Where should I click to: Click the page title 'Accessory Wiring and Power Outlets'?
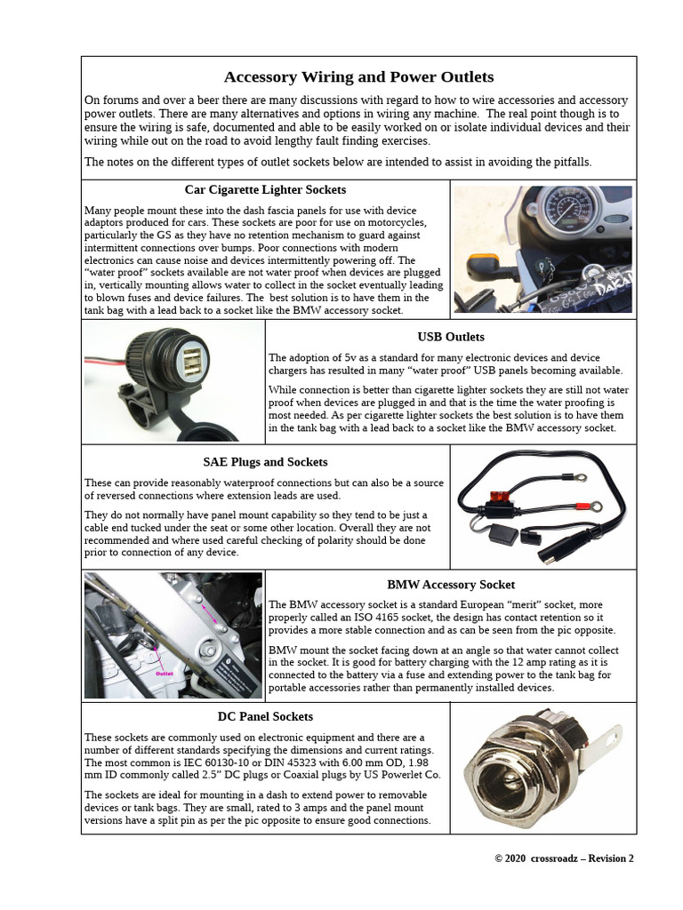click(x=358, y=77)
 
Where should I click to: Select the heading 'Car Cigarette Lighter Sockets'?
click(x=265, y=189)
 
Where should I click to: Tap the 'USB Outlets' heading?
click(x=451, y=337)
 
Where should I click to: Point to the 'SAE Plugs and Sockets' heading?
click(x=265, y=462)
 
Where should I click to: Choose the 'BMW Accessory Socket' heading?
click(x=451, y=585)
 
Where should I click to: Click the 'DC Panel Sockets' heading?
click(x=265, y=716)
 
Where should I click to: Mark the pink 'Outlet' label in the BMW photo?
click(x=164, y=674)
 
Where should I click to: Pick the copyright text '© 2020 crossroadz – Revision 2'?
click(x=564, y=858)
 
